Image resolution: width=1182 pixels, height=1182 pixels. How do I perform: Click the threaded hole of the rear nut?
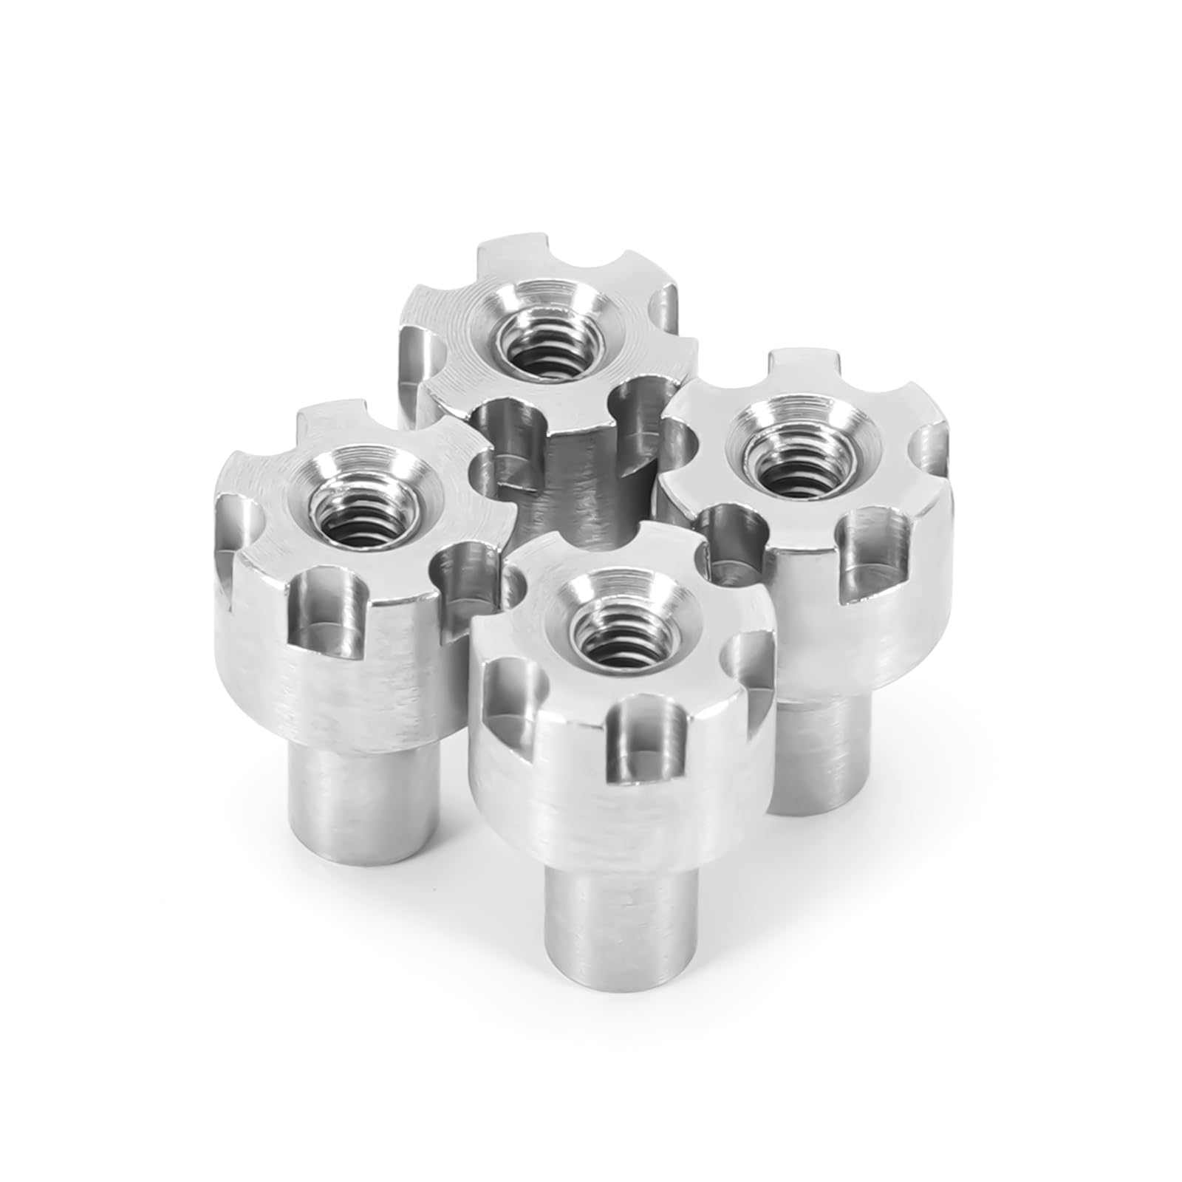click(x=543, y=341)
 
